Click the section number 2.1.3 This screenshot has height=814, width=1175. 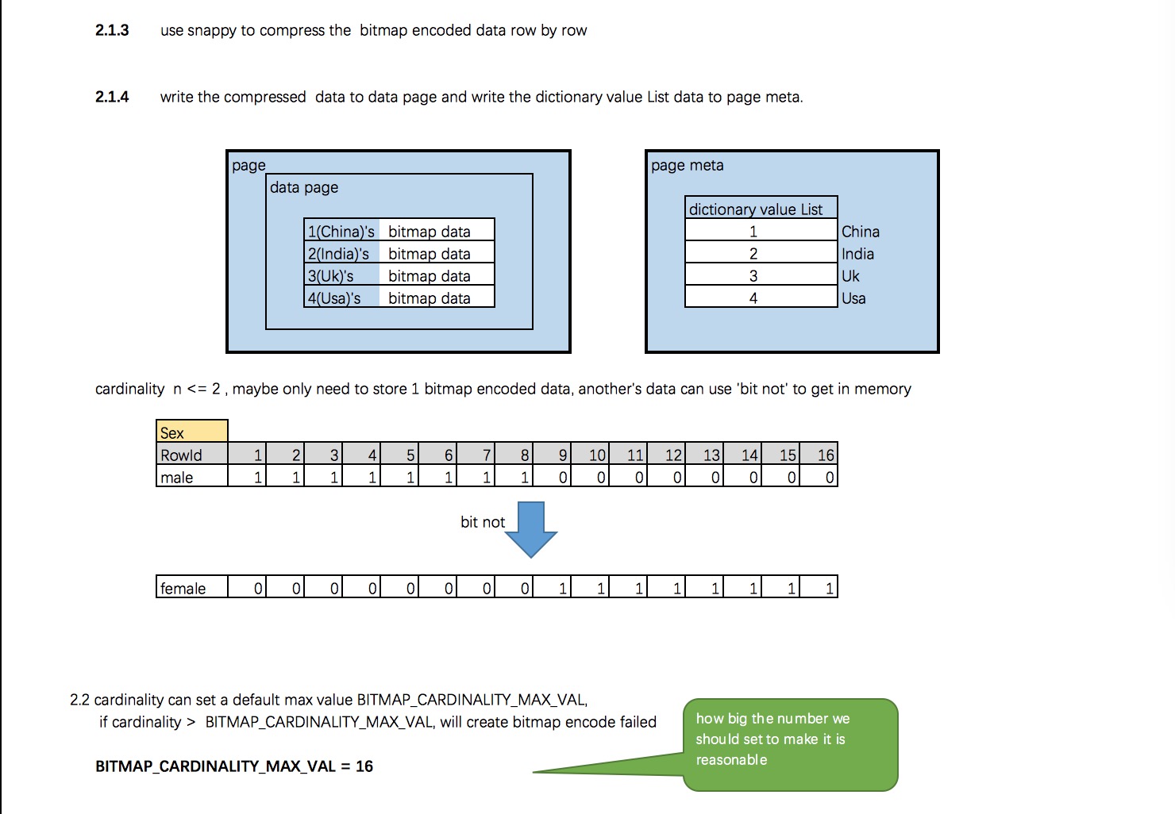click(x=112, y=30)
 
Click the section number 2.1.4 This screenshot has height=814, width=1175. click(x=112, y=97)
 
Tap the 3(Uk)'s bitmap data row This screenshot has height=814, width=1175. click(x=399, y=275)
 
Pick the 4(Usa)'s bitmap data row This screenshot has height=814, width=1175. click(x=399, y=297)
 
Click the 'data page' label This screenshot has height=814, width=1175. click(x=304, y=188)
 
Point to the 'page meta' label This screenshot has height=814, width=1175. click(x=688, y=166)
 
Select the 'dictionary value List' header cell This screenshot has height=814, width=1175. click(x=761, y=208)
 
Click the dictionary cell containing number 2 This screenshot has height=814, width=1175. click(x=761, y=252)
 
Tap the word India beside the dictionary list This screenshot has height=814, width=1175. click(x=857, y=254)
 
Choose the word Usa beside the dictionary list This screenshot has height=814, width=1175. click(x=853, y=299)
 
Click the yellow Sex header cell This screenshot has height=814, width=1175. click(x=192, y=432)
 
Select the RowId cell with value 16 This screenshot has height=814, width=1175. click(x=819, y=454)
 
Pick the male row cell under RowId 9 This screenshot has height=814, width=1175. click(x=552, y=476)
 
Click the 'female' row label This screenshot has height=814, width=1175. click(x=183, y=589)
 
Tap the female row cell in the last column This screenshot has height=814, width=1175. click(x=819, y=586)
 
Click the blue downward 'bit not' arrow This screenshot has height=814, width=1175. click(x=531, y=529)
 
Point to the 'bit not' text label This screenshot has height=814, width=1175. click(x=483, y=522)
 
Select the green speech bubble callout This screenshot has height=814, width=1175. click(x=790, y=744)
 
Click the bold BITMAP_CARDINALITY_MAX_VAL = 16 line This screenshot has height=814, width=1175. click(x=234, y=766)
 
